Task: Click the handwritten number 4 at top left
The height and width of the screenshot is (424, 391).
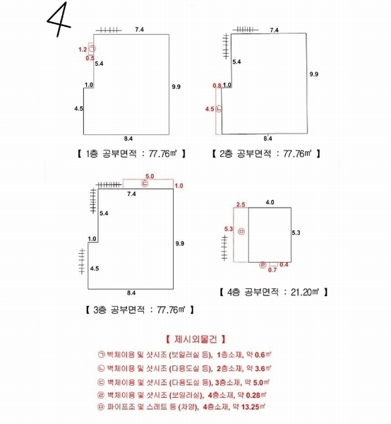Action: (58, 19)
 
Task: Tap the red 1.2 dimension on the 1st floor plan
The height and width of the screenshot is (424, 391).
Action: (83, 49)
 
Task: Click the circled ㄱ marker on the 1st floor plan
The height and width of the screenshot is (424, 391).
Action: (92, 49)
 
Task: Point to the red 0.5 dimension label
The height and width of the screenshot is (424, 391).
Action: (90, 58)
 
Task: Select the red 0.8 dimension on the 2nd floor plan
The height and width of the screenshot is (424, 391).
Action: (217, 86)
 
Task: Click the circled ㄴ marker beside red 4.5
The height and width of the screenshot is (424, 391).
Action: (219, 109)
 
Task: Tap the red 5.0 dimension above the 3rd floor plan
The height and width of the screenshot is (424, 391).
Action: (150, 176)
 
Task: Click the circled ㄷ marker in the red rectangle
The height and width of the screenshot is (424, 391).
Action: (145, 184)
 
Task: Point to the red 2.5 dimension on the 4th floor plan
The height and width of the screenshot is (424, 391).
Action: (241, 204)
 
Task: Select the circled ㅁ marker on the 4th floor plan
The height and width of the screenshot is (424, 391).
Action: (241, 232)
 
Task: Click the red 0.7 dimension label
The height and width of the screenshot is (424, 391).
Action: (272, 270)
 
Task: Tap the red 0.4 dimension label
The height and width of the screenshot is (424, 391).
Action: (284, 264)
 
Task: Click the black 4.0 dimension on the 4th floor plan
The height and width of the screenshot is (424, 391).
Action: (270, 202)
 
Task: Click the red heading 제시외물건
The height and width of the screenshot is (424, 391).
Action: (195, 339)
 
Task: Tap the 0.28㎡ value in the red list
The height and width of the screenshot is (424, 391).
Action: (256, 395)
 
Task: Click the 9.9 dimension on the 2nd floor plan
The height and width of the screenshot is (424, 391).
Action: (314, 74)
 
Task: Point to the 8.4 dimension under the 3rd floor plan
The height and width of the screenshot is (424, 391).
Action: (131, 293)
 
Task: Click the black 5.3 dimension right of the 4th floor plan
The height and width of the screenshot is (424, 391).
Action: (296, 232)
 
